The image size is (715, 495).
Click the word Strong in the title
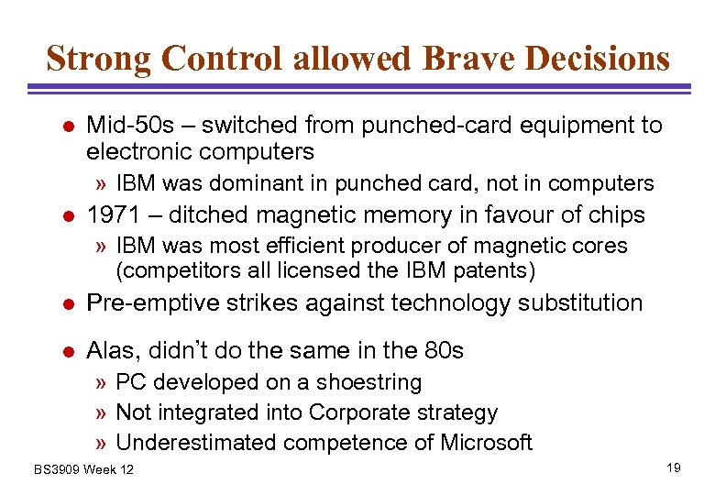(x=98, y=58)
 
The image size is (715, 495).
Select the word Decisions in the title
(x=600, y=58)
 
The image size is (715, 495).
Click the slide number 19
(x=674, y=468)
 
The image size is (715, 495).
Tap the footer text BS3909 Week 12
(x=83, y=469)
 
